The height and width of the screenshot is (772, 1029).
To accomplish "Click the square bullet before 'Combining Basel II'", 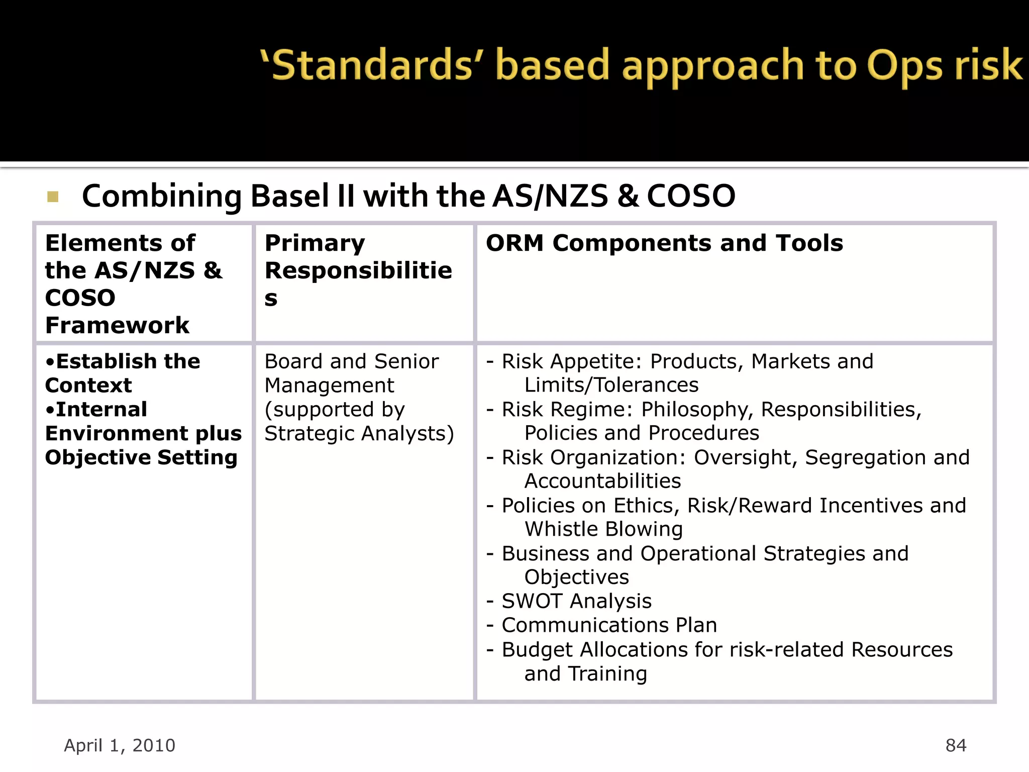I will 53,197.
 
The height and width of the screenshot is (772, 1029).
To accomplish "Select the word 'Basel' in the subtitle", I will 289,196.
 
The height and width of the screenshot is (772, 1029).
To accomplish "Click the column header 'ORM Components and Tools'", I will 664,243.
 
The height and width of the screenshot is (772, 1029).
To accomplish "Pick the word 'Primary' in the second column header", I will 315,243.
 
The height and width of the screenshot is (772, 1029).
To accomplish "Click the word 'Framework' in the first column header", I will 117,325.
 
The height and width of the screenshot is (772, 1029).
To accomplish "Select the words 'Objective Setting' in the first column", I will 141,457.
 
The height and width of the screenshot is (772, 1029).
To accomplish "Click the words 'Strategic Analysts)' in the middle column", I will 359,433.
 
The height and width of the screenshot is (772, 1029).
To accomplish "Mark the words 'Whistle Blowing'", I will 603,529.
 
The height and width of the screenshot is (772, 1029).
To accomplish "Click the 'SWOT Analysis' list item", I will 576,601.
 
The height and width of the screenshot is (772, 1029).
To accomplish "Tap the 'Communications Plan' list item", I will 609,625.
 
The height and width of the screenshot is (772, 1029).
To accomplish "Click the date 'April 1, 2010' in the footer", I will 120,745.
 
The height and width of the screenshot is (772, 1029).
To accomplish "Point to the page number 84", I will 956,745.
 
